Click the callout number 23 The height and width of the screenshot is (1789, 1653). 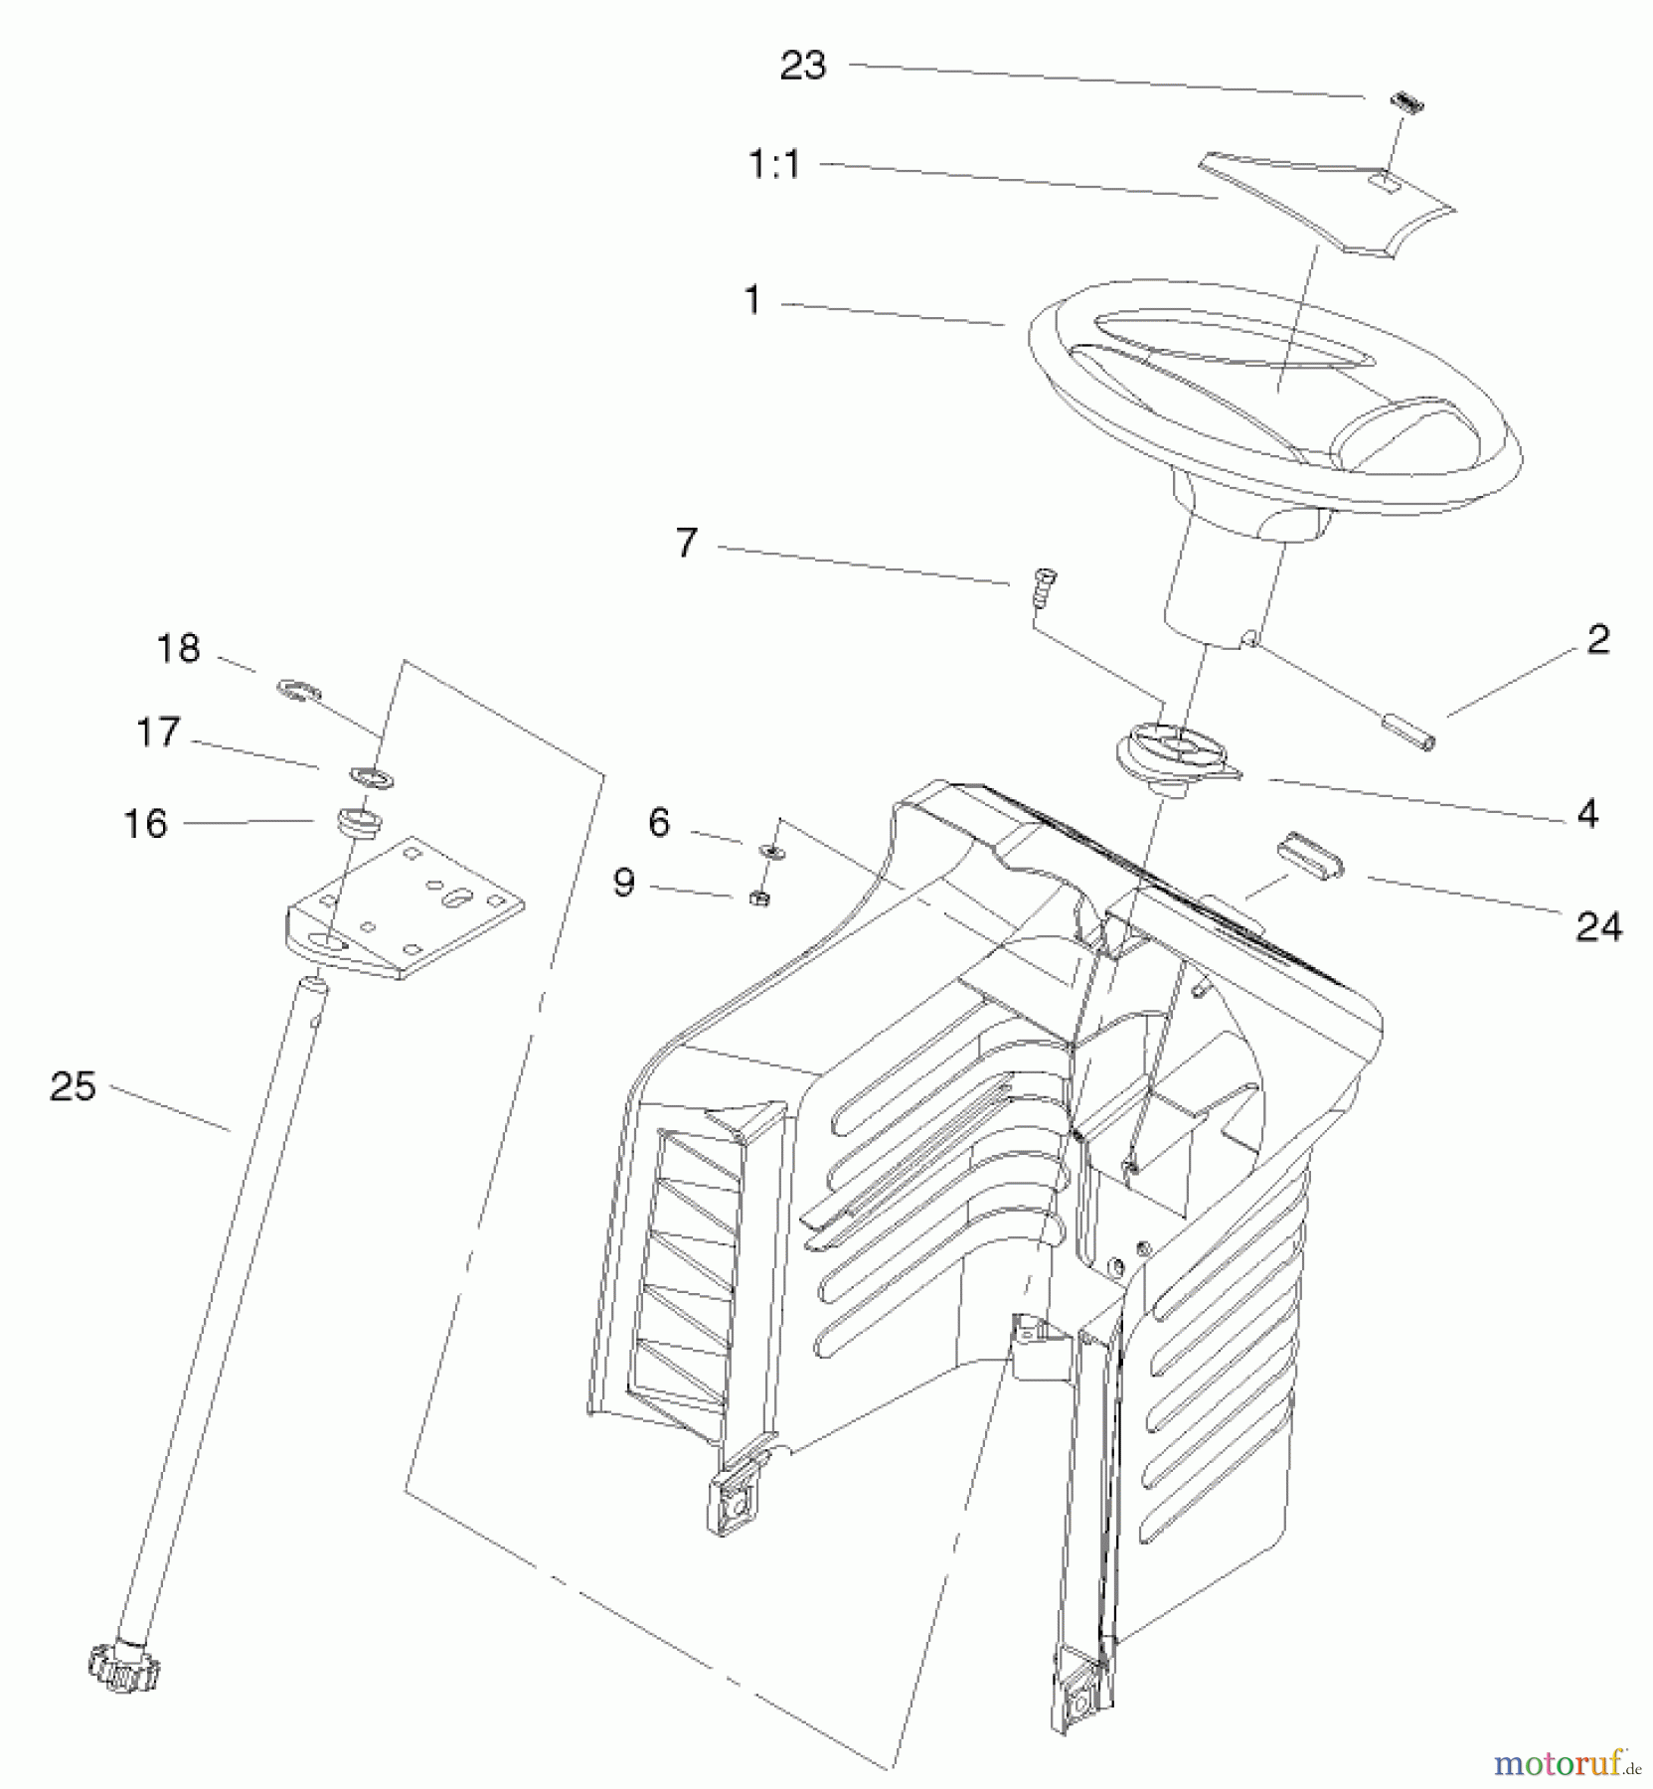click(802, 66)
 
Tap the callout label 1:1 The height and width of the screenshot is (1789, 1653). click(773, 164)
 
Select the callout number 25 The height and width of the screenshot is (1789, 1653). click(73, 1086)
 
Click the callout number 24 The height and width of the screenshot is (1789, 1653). click(1598, 927)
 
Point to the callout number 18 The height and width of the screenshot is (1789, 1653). click(179, 649)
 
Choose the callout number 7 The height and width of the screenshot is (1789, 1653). click(687, 544)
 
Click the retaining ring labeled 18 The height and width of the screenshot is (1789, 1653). click(298, 689)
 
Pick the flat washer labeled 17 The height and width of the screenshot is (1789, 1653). click(371, 775)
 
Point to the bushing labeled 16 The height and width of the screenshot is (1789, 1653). click(360, 821)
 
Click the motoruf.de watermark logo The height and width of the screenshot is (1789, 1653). click(1564, 1763)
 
